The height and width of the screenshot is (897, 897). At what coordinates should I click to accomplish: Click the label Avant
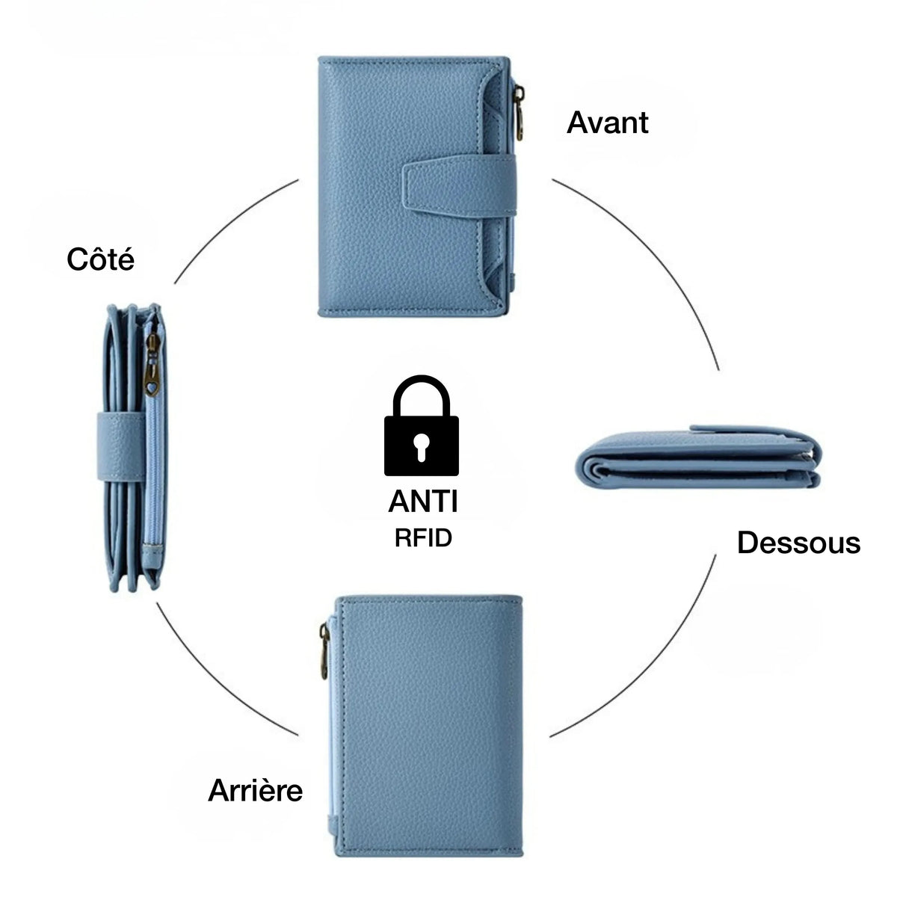[x=607, y=123]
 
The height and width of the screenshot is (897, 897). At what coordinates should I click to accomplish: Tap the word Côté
[x=101, y=259]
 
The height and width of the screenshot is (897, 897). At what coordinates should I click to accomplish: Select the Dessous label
[x=799, y=542]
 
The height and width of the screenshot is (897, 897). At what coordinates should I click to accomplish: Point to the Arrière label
[x=255, y=790]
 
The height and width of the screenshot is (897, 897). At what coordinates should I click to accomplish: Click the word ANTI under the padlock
[x=423, y=502]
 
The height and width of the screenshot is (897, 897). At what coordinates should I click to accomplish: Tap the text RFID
[x=423, y=538]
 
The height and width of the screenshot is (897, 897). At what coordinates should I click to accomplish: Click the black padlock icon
[x=422, y=425]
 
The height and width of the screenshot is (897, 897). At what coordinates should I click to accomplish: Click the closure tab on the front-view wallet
[x=459, y=187]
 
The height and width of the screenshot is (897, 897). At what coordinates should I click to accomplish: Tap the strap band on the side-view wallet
[x=122, y=446]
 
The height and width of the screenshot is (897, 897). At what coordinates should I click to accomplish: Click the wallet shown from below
[x=698, y=458]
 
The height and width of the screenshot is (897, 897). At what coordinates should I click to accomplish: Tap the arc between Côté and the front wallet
[x=229, y=223]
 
